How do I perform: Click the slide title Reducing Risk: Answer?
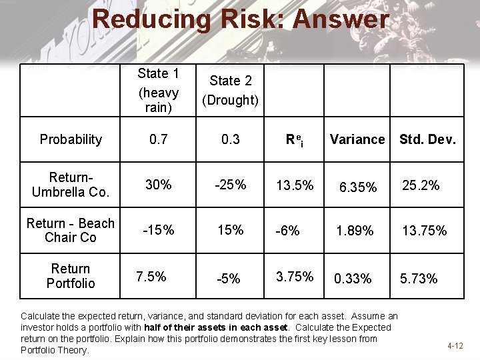point(240,19)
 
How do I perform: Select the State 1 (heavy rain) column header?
point(158,90)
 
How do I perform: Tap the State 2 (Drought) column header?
point(230,90)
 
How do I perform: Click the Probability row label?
point(71,139)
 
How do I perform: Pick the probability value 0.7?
point(159,139)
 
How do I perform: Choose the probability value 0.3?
point(230,139)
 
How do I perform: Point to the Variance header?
point(357,139)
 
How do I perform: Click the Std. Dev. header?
point(427,139)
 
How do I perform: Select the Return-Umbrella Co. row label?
point(71,185)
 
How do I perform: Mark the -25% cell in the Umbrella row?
point(230,185)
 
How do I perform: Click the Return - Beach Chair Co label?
point(71,230)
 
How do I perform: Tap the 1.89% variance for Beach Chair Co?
point(355,231)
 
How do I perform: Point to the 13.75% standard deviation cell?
point(424,231)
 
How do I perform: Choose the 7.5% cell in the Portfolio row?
point(151,276)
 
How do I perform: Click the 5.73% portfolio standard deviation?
point(419,279)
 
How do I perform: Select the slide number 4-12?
point(455,346)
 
